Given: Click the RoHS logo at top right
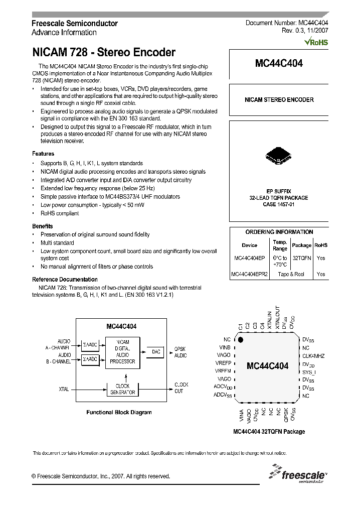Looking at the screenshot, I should tap(316, 43).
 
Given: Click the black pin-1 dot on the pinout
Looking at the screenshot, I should tap(241, 340).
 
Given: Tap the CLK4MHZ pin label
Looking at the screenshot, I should tap(313, 356).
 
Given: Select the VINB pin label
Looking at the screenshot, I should tap(224, 347).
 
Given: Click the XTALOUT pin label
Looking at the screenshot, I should tap(277, 317).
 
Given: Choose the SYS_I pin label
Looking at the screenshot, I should tap(309, 372).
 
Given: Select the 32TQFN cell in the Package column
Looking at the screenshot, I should tap(301, 258).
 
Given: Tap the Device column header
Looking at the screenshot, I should tap(249, 245).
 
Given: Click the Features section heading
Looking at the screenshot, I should tap(43, 154).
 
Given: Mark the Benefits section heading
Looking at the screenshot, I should tap(43, 226).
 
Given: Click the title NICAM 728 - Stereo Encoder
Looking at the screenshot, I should tap(104, 52).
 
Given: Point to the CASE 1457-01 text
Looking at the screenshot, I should tap(279, 204).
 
